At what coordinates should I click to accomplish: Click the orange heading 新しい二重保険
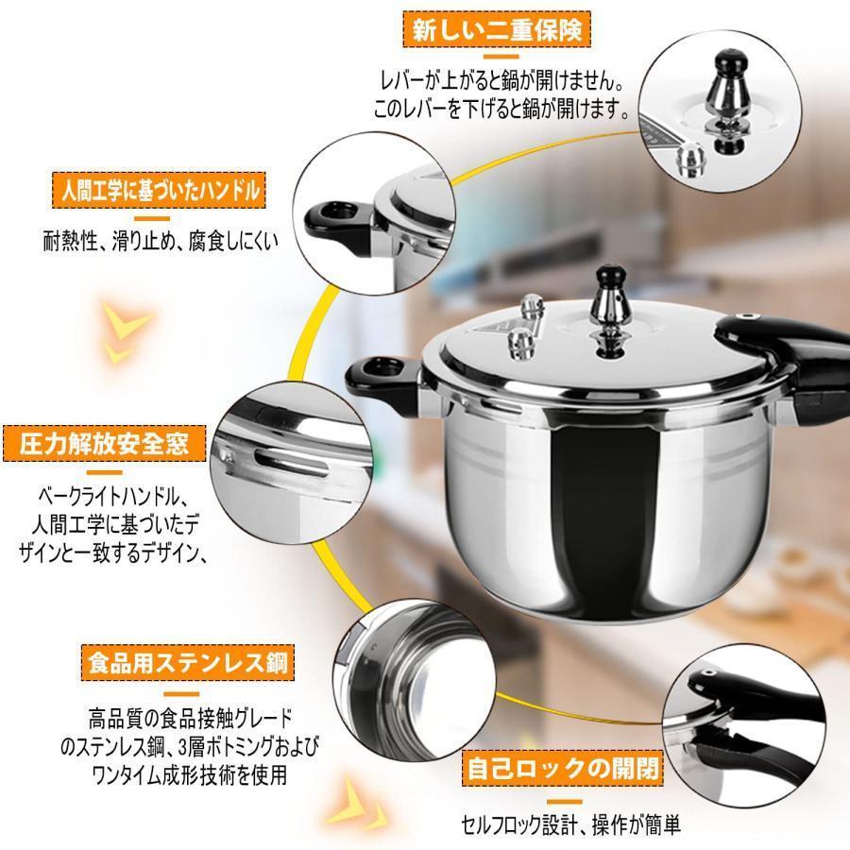point(497,29)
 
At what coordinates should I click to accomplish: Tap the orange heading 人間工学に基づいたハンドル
point(159,190)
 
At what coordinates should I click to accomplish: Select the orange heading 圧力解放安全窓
point(105,444)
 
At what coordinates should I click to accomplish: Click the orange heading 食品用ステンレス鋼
point(188,662)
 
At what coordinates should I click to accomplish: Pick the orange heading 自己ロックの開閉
point(563,768)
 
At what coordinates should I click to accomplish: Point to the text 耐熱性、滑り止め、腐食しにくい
point(161,241)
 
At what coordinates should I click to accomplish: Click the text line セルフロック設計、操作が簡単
point(570,825)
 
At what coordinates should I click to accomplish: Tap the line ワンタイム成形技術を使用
point(190,774)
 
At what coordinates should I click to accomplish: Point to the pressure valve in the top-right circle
point(726,102)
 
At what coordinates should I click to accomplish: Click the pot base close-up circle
point(415,680)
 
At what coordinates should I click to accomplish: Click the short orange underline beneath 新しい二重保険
point(501,57)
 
